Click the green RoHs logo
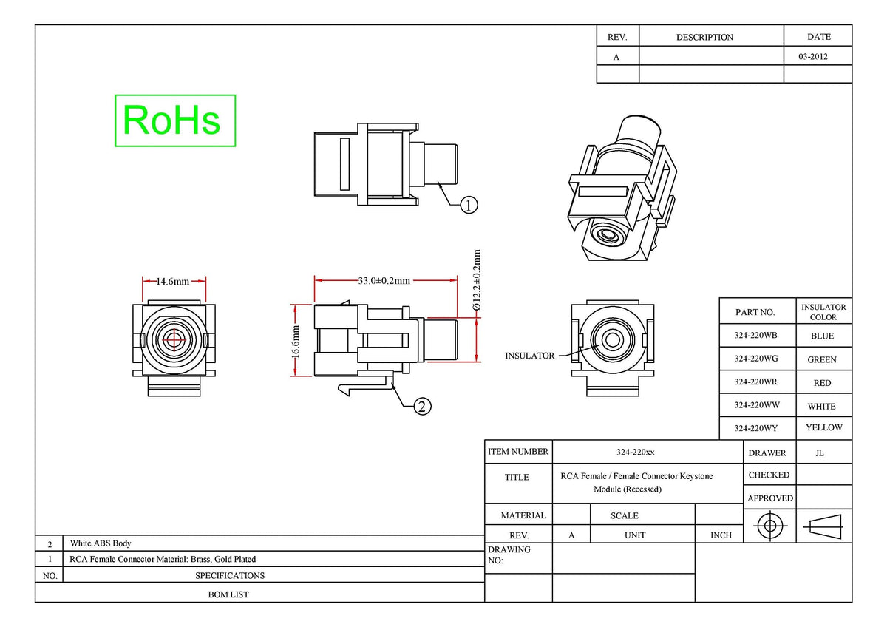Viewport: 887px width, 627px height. tap(175, 121)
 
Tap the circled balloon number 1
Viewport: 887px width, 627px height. tap(469, 205)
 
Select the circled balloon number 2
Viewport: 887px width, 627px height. tap(422, 407)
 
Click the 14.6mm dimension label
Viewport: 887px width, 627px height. tap(173, 282)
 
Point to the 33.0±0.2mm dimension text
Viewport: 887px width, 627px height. tap(384, 281)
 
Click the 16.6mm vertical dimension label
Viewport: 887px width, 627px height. tap(296, 341)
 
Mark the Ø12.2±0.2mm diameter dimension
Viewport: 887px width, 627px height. tap(477, 279)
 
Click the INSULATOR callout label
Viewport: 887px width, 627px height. tap(529, 356)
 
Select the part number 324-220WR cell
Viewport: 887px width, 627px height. tap(755, 382)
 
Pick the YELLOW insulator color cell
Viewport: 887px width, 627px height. tap(824, 427)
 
